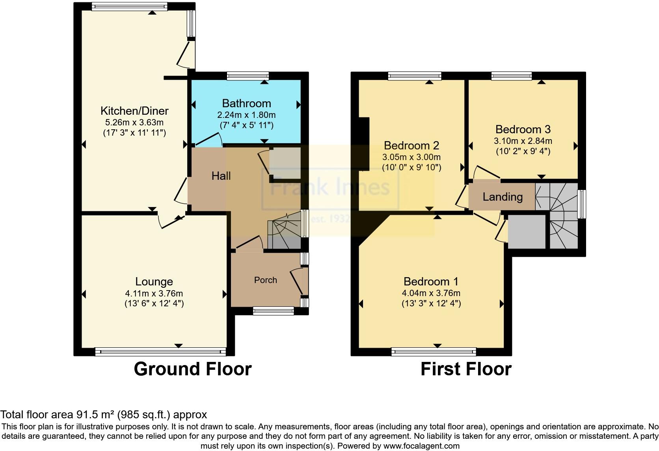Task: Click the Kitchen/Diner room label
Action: point(134,111)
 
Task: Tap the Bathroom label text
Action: point(247,104)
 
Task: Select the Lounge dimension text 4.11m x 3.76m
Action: point(154,293)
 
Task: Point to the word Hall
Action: point(221,176)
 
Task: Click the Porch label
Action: point(265,280)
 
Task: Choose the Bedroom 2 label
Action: point(411,145)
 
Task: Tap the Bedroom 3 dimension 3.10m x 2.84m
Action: point(523,141)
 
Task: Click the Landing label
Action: point(503,197)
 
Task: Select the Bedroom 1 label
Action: point(431,281)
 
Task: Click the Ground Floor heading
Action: point(193,369)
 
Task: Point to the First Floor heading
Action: point(466,369)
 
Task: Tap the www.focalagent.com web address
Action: point(421,446)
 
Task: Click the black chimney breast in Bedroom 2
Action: point(364,144)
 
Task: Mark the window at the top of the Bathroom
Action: point(248,76)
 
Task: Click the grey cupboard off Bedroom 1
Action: point(527,231)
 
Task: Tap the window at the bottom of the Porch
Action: point(274,311)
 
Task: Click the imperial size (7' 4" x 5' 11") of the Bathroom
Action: point(247,125)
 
